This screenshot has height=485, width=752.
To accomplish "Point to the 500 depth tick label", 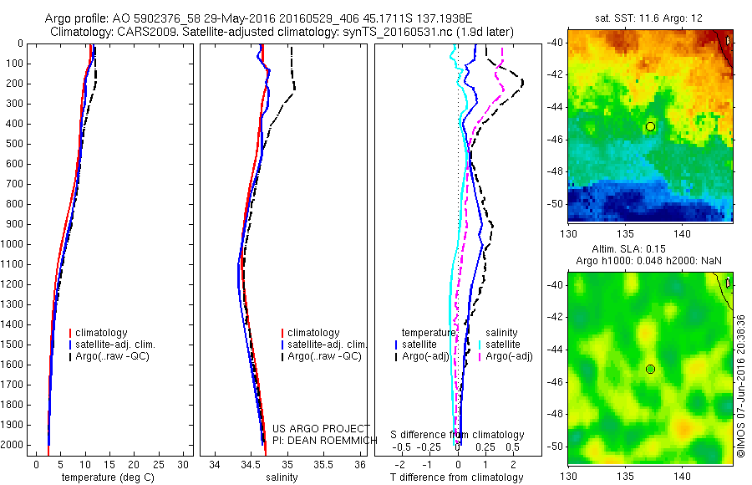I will point(14,144).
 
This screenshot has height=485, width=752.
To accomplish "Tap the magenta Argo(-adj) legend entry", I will point(510,356).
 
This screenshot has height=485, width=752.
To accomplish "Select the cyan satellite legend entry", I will point(504,345).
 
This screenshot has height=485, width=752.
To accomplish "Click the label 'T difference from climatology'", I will point(456,477).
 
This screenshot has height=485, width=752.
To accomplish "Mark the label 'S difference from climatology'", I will point(457,435).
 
